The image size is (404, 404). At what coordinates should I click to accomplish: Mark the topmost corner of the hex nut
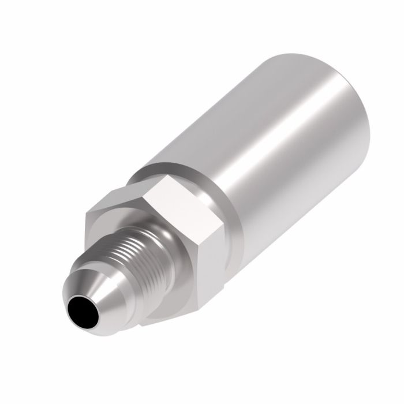point(164,176)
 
